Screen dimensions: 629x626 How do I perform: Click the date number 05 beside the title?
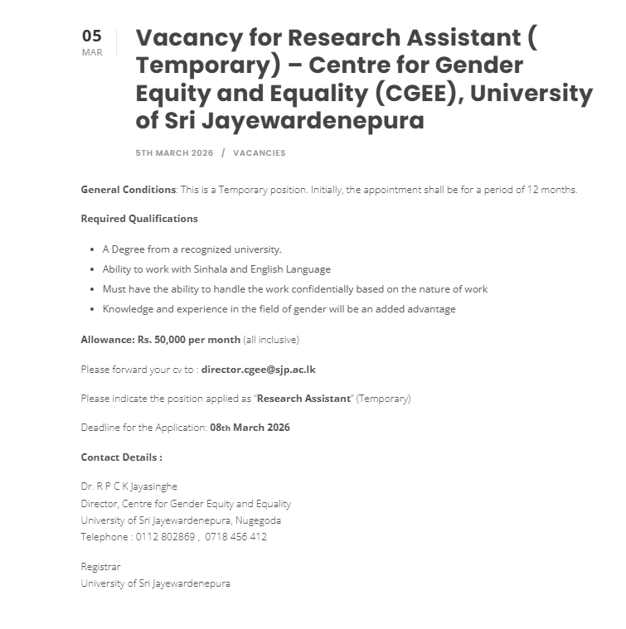coord(91,36)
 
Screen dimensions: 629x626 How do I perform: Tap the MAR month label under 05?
coord(92,53)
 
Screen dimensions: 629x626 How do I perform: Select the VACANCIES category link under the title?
coord(259,153)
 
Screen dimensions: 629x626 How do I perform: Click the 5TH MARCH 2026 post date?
coord(174,153)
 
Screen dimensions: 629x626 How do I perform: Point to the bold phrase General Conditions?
coord(128,190)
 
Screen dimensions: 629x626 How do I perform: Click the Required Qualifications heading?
coord(139,219)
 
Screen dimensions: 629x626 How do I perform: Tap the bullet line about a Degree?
coord(192,249)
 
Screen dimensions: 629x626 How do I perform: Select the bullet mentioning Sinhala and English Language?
coord(216,269)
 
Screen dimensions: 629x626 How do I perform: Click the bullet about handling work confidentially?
coord(294,289)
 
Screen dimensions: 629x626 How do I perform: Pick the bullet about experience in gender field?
coord(279,309)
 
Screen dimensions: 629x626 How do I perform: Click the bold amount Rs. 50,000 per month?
coord(161,340)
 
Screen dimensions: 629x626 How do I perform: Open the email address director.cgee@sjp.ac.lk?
coord(258,370)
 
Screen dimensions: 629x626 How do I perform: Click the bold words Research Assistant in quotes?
coord(303,399)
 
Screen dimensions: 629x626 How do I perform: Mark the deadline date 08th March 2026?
coord(250,428)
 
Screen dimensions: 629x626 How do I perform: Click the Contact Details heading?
coord(121,457)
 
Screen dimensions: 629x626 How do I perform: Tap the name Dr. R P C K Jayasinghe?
coord(129,486)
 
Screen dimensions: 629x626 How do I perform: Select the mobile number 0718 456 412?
coord(235,537)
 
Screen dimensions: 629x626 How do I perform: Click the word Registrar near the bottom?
coord(100,567)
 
